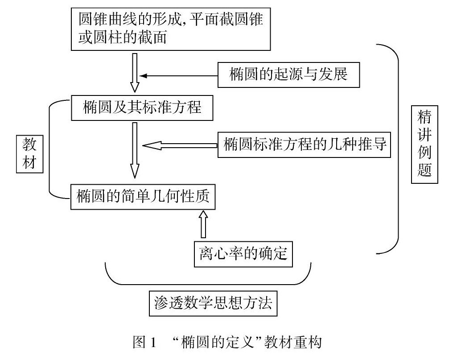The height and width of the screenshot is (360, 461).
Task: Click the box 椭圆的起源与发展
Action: point(288,74)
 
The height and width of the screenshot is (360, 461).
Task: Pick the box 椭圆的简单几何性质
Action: point(143,196)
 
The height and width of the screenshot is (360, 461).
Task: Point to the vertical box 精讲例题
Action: point(424,145)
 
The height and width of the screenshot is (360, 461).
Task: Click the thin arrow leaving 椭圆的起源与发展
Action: point(178,75)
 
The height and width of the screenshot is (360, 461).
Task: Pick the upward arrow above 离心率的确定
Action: point(203,224)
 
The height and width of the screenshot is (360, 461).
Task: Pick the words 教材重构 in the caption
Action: point(293,343)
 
